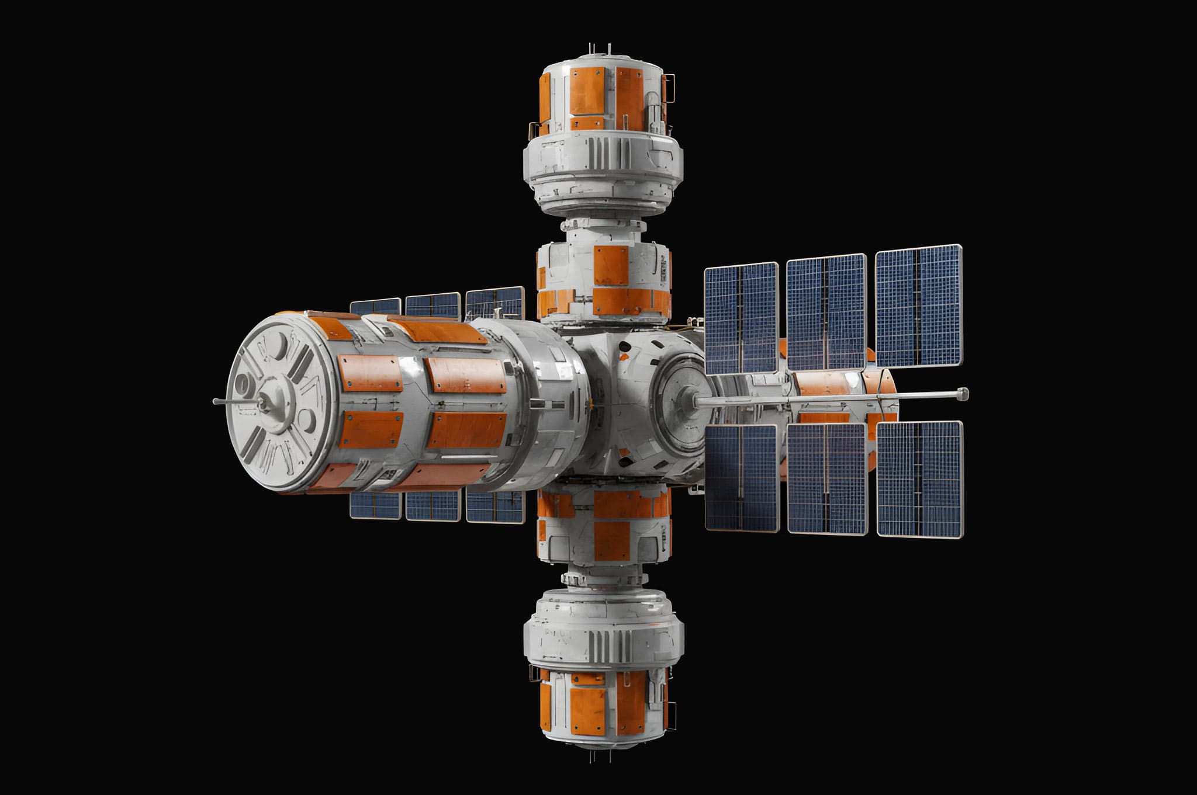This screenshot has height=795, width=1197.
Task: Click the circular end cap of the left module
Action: click(278, 403)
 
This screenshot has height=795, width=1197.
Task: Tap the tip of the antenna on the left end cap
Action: click(215, 401)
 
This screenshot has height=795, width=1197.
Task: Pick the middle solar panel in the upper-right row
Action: click(826, 313)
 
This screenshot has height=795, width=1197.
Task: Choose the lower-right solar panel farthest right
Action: click(919, 479)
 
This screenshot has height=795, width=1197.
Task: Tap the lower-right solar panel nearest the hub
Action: click(742, 478)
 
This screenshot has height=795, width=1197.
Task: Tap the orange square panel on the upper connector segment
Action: click(611, 265)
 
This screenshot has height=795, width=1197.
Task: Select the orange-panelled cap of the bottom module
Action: click(602, 707)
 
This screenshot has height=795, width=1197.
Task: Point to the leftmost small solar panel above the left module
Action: click(375, 307)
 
